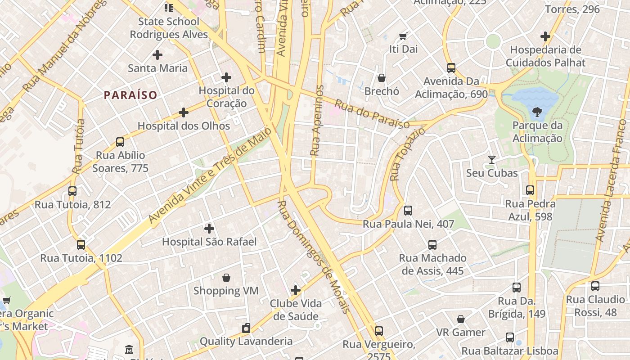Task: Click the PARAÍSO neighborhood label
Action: point(130,95)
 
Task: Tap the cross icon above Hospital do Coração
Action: point(226,77)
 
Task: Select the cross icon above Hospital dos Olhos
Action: point(183,112)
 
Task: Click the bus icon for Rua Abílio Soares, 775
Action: point(120,142)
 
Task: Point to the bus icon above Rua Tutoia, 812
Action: point(72,191)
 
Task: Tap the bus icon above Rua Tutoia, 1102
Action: point(81,245)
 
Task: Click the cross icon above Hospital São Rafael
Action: point(209,228)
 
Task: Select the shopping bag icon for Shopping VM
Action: point(226,278)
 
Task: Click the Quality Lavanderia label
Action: point(246,341)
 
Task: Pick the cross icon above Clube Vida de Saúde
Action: point(296,290)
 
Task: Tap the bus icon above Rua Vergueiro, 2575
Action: point(379,331)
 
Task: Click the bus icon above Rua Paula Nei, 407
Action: point(408,210)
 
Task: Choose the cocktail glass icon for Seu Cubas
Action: point(492,160)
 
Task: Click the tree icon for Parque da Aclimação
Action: point(537,112)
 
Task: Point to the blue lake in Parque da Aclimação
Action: point(529,97)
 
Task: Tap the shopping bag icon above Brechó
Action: point(382,78)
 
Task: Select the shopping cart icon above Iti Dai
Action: point(403,36)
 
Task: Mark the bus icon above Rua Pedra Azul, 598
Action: point(530,190)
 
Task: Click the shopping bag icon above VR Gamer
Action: point(461,319)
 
